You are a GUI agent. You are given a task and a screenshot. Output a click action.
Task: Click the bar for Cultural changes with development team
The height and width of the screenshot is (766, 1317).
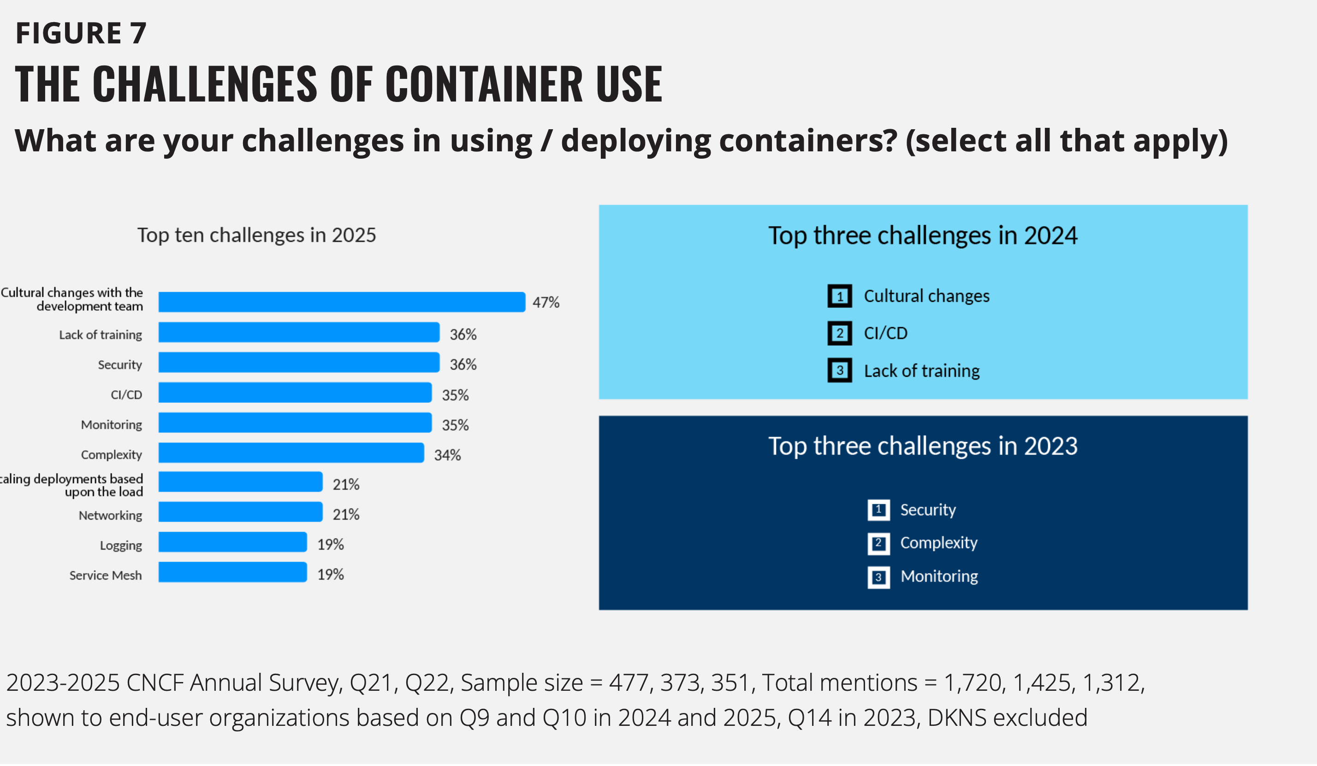pos(342,302)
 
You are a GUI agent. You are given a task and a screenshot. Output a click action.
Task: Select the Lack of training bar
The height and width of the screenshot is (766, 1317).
pos(299,332)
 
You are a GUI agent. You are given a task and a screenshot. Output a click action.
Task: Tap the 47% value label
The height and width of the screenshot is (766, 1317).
pos(546,302)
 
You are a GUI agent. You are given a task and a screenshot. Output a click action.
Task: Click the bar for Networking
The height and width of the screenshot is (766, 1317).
pos(240,512)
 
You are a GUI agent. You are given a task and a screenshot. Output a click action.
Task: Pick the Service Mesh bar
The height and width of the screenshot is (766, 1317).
pos(232,572)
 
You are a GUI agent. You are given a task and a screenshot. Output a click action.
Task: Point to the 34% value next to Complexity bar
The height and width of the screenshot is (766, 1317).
pos(447,455)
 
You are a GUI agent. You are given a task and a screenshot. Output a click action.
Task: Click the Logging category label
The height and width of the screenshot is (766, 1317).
pos(121,545)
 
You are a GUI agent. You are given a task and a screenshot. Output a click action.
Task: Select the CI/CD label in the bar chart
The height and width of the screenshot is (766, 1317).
pos(126,395)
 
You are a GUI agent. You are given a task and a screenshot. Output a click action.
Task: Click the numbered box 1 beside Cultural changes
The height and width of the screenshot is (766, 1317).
pos(839,296)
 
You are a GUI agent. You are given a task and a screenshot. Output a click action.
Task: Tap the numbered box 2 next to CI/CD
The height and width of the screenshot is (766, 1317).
pos(839,333)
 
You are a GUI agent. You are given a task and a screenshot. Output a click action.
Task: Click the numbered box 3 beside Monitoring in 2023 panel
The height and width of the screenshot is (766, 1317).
pos(878,577)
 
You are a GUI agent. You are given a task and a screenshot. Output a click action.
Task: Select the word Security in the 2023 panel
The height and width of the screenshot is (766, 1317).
pos(928,510)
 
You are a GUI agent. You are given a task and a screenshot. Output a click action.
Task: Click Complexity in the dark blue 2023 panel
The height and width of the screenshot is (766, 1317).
pos(938,543)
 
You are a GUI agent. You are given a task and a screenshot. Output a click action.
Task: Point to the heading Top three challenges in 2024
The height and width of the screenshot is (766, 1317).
pos(922,235)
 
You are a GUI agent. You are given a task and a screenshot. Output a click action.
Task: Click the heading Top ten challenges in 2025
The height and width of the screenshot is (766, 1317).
pos(256,235)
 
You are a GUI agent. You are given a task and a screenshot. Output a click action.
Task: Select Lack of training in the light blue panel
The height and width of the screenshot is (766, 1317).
pos(921,371)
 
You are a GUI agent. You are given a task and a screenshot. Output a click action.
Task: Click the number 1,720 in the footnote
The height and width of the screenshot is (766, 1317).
pos(975,683)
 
